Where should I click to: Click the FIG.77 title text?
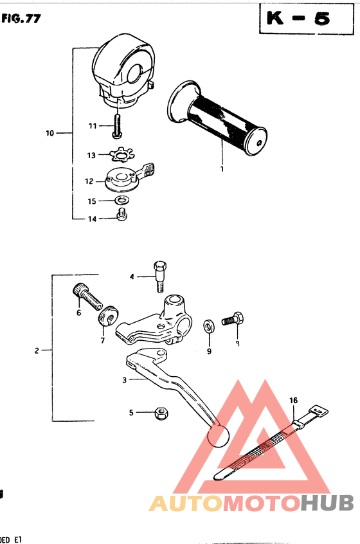[x=21, y=19]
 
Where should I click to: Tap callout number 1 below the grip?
[x=221, y=169]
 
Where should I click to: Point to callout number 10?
[x=50, y=134]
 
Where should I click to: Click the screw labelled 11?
[x=117, y=125]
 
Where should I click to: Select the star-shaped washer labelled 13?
[x=119, y=155]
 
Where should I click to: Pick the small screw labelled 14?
[x=121, y=217]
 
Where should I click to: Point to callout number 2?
[x=37, y=350]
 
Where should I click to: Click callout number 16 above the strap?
[x=293, y=400]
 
